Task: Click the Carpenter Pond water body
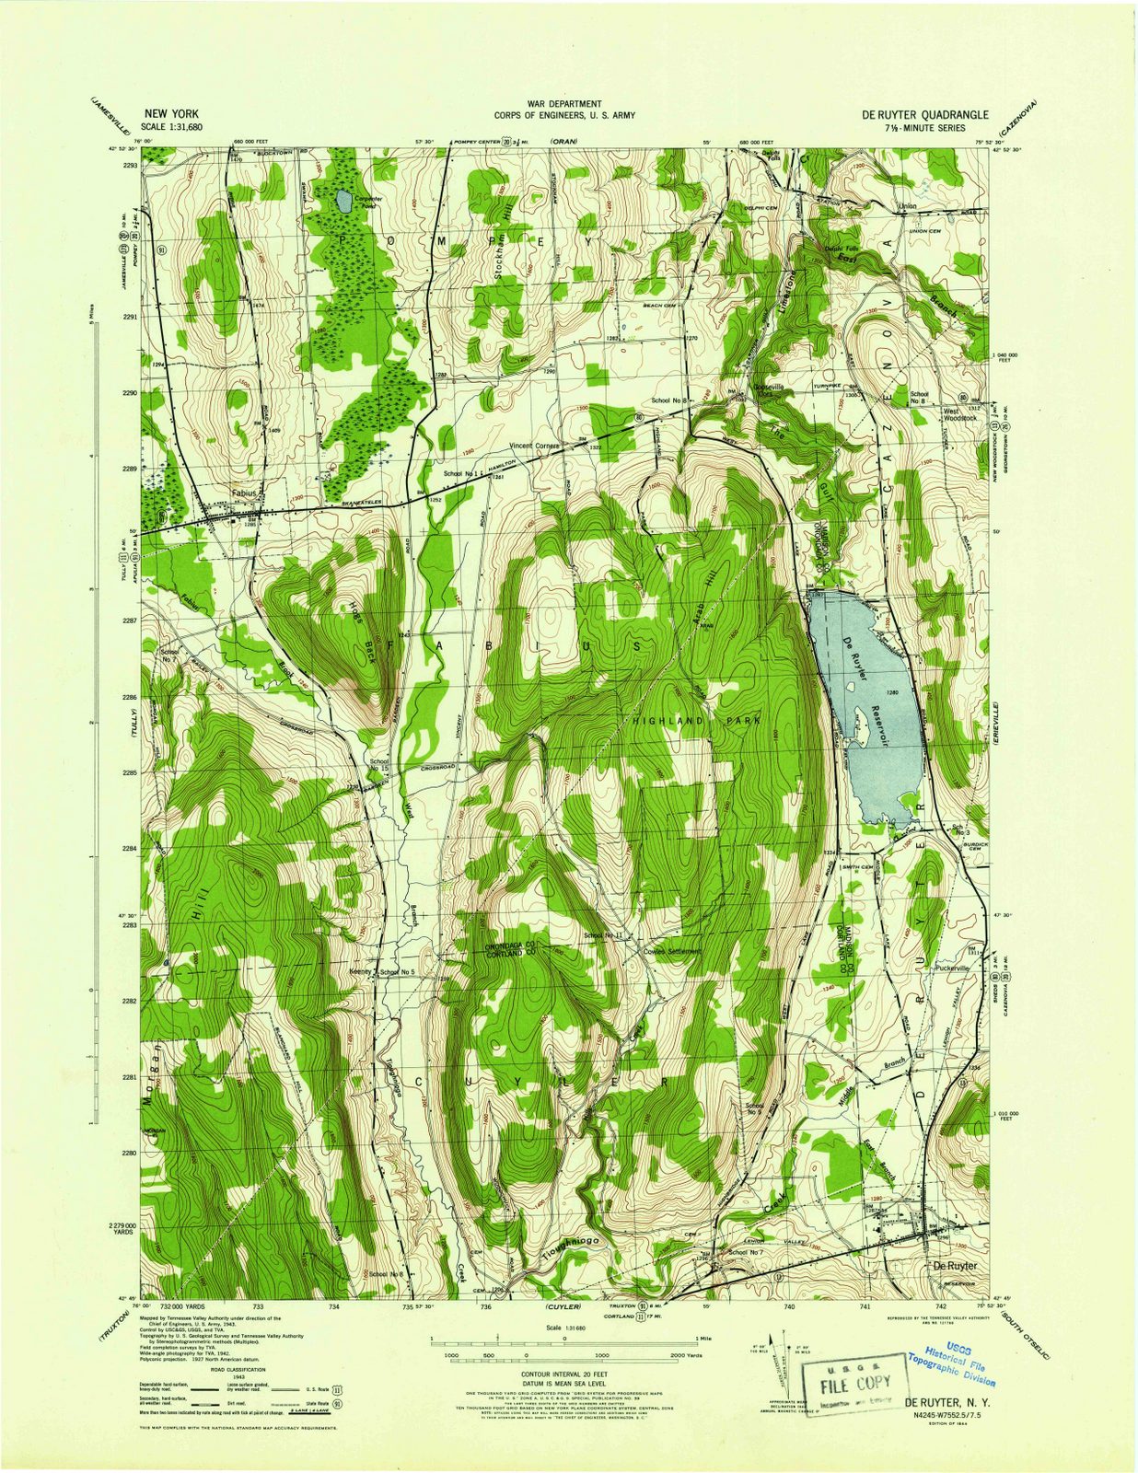[342, 200]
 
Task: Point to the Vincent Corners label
[535, 446]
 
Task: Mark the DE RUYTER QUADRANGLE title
[924, 116]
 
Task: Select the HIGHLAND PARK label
[697, 721]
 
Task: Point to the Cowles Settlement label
[672, 951]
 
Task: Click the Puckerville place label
[952, 968]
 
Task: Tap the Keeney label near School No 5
[360, 971]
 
